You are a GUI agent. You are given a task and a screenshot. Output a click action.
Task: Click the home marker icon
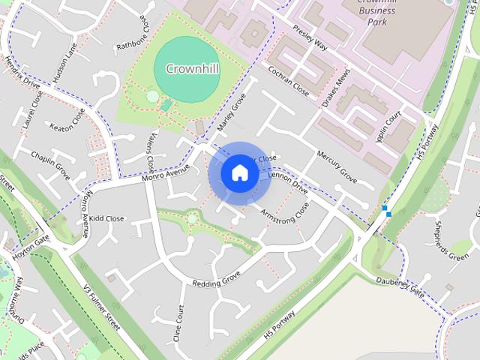tap(239, 172)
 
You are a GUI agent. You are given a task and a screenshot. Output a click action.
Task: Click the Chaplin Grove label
tap(51, 163)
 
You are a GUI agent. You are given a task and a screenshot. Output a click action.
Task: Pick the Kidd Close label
tap(106, 219)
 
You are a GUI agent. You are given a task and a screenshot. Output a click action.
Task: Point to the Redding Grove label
tap(216, 279)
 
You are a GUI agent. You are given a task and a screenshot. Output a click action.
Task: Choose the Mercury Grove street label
tap(336, 166)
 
